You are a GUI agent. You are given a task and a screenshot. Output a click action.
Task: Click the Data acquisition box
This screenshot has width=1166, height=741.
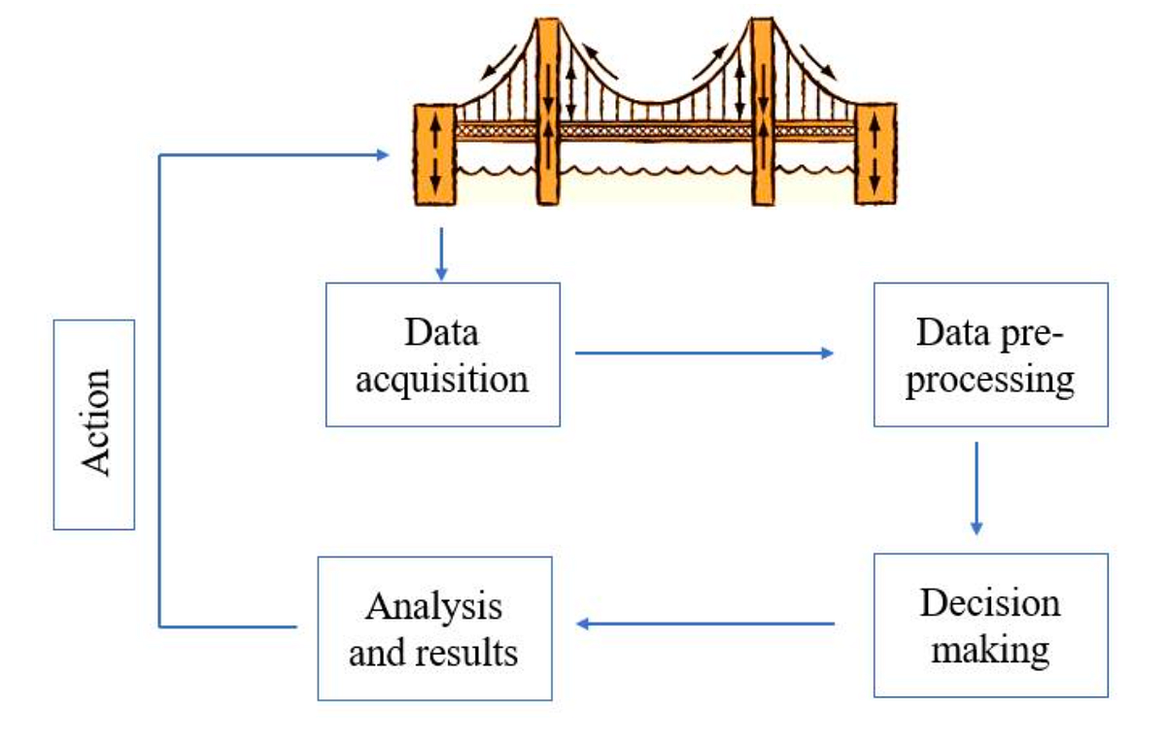pos(442,354)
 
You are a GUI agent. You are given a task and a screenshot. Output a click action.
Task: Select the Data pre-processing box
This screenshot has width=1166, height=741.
pos(990,354)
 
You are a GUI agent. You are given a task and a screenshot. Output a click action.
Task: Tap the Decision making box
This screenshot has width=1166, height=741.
pos(990,624)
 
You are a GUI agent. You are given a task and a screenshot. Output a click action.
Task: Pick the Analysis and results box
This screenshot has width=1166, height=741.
pos(434,627)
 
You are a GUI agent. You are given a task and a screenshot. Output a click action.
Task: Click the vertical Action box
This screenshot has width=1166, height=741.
pos(93,424)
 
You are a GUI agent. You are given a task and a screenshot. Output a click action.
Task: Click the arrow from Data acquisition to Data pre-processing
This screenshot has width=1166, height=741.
pos(704,353)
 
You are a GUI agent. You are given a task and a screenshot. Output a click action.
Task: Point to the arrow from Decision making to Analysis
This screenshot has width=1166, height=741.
pos(704,623)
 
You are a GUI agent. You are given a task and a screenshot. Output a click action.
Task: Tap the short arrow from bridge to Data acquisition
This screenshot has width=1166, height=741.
pos(442,254)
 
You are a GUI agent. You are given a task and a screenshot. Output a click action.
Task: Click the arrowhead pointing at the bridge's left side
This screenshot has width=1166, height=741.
pos(382,153)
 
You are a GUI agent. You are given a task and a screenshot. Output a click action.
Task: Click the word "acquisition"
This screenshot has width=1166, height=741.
pos(442,378)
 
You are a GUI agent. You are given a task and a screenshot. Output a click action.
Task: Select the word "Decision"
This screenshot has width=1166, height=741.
pos(990,602)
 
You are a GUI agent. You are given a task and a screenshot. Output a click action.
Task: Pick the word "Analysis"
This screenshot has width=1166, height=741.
pos(434,607)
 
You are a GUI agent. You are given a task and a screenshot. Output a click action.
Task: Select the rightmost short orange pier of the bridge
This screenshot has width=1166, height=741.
pos(874,152)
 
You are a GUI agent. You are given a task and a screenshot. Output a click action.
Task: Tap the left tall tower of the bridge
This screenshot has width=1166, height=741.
pos(548,112)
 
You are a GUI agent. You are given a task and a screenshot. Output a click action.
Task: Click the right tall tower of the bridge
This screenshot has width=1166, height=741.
pos(763,112)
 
